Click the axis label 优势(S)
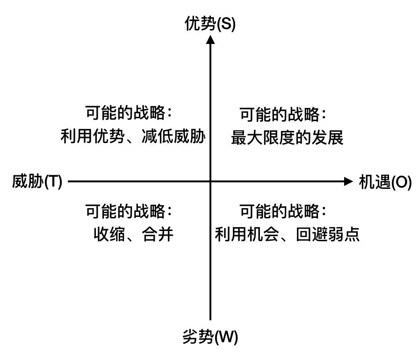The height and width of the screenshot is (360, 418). pos(210,23)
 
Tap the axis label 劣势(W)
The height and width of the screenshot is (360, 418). pos(210,337)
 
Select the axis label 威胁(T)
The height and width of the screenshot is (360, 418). pos(37,181)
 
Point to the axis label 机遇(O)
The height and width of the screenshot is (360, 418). pos(385,182)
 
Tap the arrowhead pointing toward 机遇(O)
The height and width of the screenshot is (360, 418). pos(348,181)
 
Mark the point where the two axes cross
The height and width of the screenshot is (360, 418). pos(210,181)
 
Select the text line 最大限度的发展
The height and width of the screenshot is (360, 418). pos(287,138)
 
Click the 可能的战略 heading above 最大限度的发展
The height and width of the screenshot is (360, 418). pos(282,114)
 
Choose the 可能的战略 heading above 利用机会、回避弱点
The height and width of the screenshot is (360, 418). pos(282,211)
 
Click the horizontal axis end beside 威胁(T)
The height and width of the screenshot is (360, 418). pos(69,181)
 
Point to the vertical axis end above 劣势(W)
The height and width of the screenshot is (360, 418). pos(210,319)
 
